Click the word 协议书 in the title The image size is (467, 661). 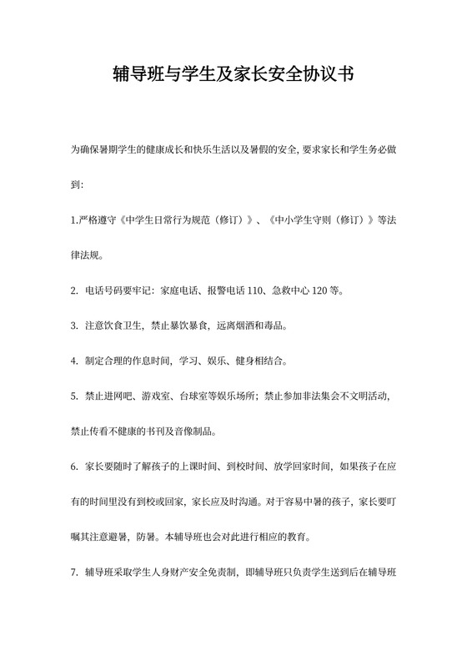329,75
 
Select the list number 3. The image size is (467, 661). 74,324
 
